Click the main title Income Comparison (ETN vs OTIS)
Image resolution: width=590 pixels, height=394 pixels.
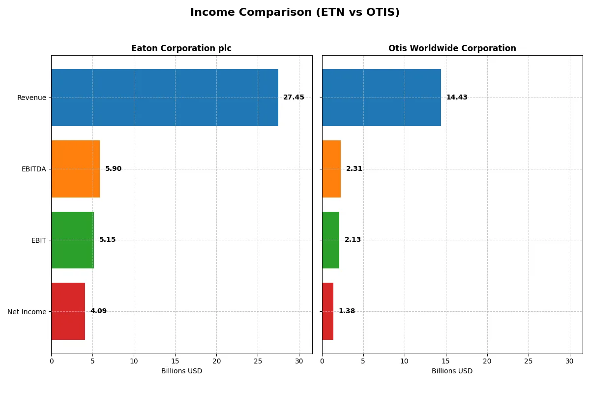295,13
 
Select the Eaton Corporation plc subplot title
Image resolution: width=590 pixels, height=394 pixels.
181,48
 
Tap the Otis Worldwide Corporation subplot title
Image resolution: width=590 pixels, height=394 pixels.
452,48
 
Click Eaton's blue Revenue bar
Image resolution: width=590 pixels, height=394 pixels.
165,98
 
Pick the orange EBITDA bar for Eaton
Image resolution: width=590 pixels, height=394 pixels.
76,169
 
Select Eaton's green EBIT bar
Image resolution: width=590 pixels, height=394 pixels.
72,240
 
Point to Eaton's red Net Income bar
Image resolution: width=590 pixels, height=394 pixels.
68,311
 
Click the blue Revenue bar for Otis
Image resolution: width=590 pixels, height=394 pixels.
382,98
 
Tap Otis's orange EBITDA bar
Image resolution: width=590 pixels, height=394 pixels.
331,169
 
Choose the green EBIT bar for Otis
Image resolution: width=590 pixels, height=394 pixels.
331,240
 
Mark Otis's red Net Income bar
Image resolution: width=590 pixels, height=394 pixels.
328,311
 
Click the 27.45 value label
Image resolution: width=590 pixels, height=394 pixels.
294,98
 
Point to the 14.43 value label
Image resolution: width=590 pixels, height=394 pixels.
457,98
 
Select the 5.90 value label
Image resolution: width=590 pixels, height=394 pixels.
113,169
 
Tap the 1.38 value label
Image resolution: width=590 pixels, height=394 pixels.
347,311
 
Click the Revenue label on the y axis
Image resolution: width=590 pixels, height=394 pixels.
31,98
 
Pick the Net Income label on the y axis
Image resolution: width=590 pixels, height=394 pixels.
27,311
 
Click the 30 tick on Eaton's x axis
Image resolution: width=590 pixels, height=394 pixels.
299,361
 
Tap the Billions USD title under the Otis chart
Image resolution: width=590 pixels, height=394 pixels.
452,371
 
